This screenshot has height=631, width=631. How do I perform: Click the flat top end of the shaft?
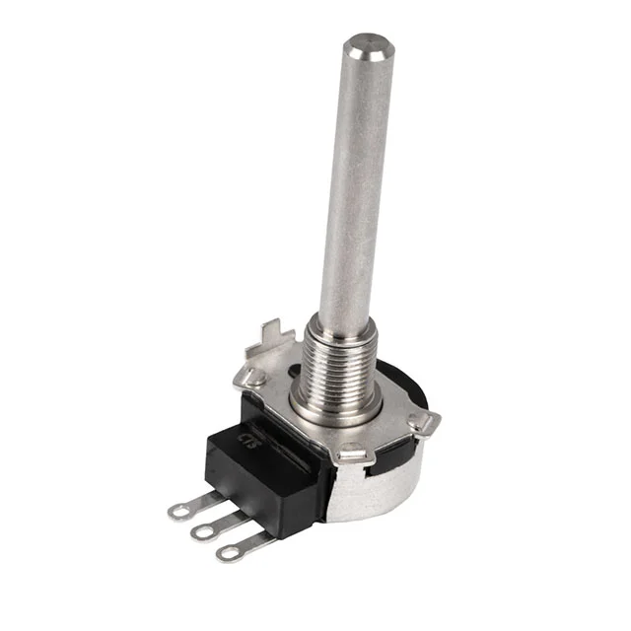point(366,46)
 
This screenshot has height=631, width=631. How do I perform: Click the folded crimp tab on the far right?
point(424,421)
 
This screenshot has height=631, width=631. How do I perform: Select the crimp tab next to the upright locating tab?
point(255,376)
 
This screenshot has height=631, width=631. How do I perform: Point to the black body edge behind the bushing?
point(404,380)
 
